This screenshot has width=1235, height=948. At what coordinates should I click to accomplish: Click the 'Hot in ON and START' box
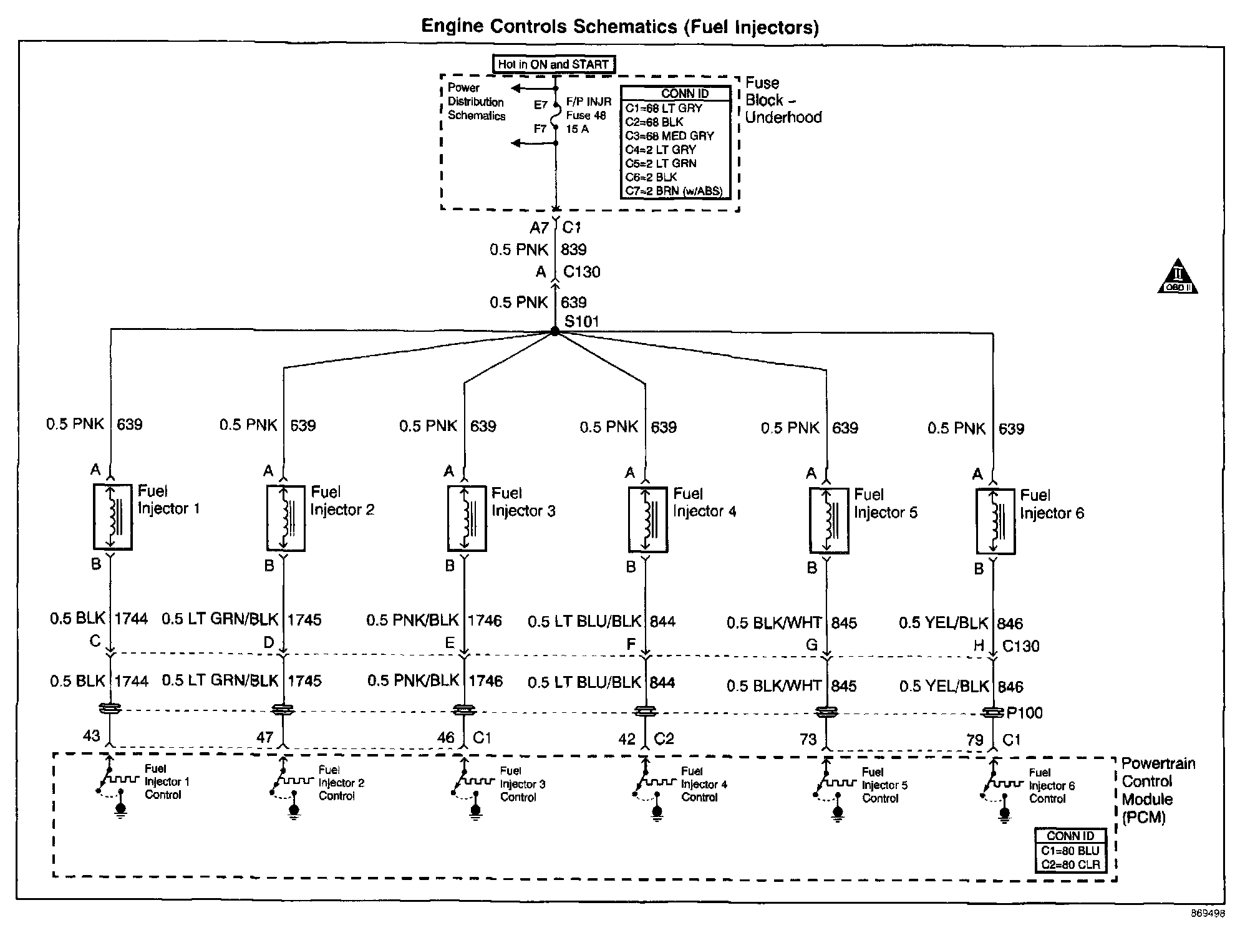click(553, 64)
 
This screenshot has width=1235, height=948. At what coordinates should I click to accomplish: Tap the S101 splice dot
click(555, 332)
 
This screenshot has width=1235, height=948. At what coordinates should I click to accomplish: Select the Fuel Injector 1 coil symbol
click(112, 516)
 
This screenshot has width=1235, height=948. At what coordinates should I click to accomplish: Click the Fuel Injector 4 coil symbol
click(647, 520)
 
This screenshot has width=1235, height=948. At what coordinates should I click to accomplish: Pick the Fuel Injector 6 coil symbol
click(995, 521)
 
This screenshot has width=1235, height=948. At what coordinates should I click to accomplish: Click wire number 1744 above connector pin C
click(132, 619)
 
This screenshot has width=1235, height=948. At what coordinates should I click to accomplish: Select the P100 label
click(1024, 713)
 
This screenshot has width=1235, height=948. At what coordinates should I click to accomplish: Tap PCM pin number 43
click(91, 736)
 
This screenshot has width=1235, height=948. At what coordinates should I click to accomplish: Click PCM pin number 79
click(974, 740)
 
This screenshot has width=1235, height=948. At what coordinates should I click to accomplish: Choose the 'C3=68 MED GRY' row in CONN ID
click(669, 136)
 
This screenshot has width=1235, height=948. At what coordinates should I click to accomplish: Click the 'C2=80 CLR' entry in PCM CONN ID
click(1070, 864)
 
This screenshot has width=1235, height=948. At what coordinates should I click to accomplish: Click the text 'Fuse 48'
click(586, 115)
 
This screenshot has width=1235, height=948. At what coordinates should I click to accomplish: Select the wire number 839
click(573, 250)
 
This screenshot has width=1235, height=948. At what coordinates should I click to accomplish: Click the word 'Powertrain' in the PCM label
click(1158, 763)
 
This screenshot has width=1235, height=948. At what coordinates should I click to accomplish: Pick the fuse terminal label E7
click(540, 105)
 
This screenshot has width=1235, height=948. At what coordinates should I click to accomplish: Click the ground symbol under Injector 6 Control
click(1004, 814)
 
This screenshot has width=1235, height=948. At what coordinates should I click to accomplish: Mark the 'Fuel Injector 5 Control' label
click(884, 785)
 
